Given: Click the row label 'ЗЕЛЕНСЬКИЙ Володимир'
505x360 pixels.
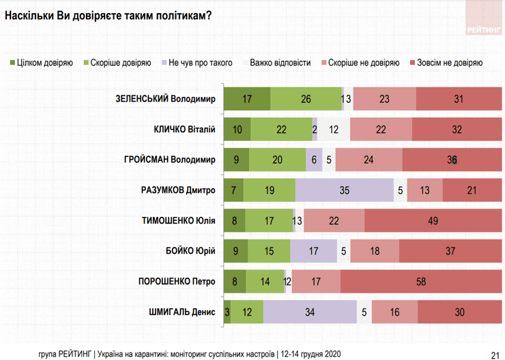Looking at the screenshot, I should (166, 99).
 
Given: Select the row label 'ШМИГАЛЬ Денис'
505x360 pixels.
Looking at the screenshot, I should (182, 312).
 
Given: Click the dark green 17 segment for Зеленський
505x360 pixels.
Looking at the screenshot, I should (247, 99).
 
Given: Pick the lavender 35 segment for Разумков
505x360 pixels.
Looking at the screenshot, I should (345, 190).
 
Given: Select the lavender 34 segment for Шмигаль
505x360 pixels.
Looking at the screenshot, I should (310, 312).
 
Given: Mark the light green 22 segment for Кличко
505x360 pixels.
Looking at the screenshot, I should (280, 129).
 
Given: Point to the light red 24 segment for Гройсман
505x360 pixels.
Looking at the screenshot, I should (369, 160).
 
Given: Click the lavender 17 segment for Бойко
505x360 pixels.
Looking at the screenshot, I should (313, 250).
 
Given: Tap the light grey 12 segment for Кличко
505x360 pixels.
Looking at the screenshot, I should (334, 129).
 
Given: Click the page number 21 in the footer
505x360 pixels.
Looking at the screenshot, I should (494, 354).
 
